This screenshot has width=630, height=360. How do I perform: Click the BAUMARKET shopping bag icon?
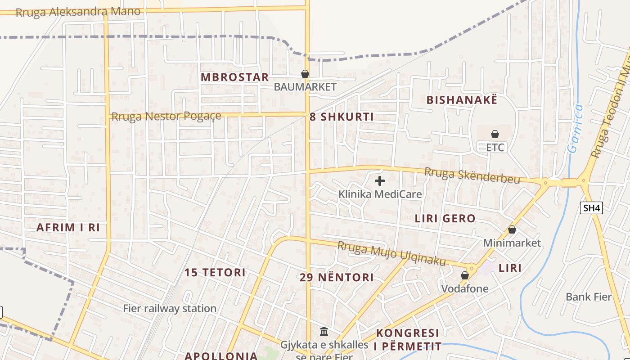tap(305, 74)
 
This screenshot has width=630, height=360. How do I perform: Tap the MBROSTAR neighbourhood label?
tap(234, 77)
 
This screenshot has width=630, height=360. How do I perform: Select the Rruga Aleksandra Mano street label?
tap(78, 12)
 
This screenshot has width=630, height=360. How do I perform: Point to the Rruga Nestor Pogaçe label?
tap(166, 117)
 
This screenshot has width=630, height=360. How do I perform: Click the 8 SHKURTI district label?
tap(342, 117)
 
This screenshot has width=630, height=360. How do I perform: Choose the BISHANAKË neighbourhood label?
tap(462, 100)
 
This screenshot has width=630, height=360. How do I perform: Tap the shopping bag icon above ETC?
tap(495, 134)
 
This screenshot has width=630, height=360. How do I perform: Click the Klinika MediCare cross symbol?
tap(380, 181)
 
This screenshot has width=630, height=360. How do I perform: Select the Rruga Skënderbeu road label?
tap(472, 175)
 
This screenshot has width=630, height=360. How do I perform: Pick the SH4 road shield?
tap(591, 208)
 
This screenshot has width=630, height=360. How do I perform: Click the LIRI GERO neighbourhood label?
tap(445, 219)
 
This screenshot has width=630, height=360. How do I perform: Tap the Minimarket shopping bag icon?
tap(512, 230)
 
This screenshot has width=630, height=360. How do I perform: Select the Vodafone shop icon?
tap(464, 275)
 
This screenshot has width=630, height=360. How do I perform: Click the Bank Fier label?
tap(589, 297)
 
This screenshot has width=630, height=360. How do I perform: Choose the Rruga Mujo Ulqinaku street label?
tap(391, 254)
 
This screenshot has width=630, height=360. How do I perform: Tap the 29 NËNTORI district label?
tap(337, 277)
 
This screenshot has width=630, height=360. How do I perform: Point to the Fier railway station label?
tap(170, 309)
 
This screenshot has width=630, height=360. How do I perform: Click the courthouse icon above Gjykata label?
tap(324, 332)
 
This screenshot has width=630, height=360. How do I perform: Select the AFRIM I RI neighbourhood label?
tap(68, 227)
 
